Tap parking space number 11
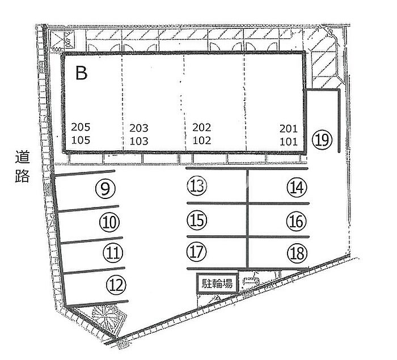(114, 252)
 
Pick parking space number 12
(117, 284)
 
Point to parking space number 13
(197, 185)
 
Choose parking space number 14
(296, 187)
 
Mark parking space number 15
(197, 219)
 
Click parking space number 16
(296, 221)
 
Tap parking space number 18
(296, 252)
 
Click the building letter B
(81, 74)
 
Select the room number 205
(81, 128)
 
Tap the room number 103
(139, 141)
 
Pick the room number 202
(202, 128)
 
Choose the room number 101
(289, 141)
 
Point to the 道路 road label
(22, 165)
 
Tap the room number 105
(81, 141)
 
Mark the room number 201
(289, 129)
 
